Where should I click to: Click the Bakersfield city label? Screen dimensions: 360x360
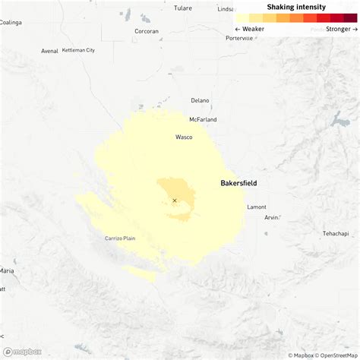[238, 183]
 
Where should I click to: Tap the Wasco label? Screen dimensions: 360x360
[184, 137]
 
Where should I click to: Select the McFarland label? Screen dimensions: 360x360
[203, 119]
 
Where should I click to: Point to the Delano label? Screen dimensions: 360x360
[200, 100]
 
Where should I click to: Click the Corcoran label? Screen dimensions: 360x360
[147, 31]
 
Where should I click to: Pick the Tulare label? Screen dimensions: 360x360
[182, 8]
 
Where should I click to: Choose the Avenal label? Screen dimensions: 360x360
[49, 51]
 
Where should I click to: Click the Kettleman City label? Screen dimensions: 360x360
[78, 50]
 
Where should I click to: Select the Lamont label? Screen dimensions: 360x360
[257, 207]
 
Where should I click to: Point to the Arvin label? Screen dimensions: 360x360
[271, 217]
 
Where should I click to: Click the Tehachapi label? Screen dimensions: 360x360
[335, 233]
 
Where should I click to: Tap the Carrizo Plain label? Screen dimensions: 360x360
[120, 238]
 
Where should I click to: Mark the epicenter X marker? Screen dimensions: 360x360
[174, 201]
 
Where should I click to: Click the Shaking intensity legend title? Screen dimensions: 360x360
[296, 7]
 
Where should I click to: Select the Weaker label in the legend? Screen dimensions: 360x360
[250, 29]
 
